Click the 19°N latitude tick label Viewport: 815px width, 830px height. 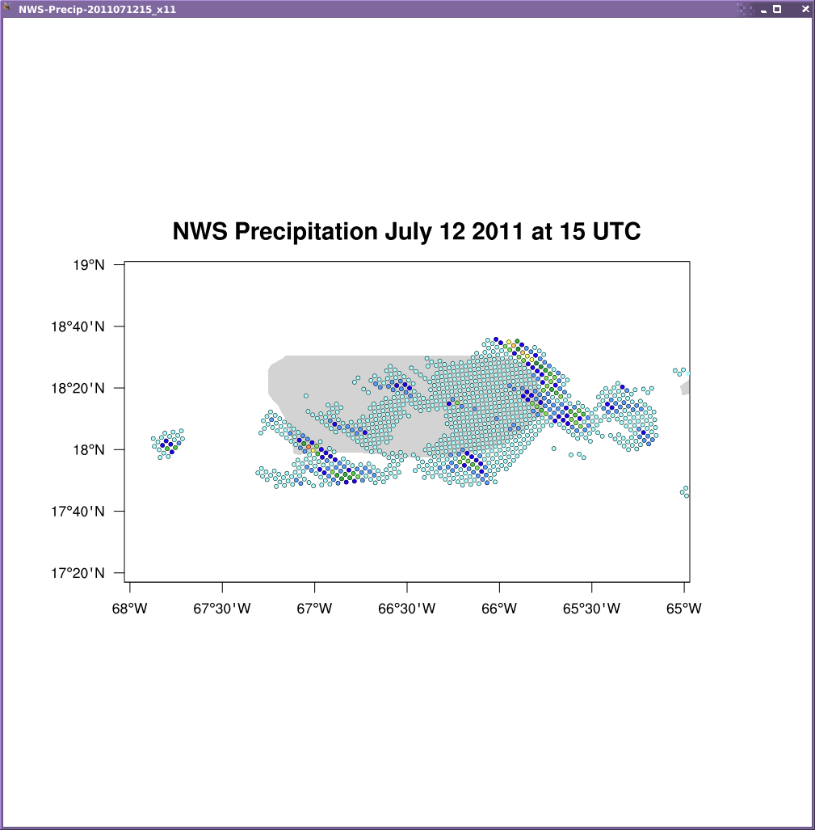(x=89, y=264)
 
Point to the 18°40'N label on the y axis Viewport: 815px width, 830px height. (x=78, y=327)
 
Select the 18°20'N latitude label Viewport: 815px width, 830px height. (x=78, y=388)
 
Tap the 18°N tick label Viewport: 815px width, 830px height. (x=89, y=450)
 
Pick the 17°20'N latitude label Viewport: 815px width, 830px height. (x=78, y=573)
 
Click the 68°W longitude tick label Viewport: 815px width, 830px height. (x=129, y=609)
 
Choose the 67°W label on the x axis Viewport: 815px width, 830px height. (x=314, y=609)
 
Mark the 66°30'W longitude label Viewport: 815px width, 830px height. (x=407, y=609)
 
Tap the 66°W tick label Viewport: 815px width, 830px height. (x=498, y=609)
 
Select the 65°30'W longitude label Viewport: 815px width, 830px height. (x=591, y=609)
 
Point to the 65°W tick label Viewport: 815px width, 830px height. (x=684, y=609)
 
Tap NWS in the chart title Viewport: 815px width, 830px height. (x=200, y=231)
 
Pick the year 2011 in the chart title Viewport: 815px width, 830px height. (x=497, y=231)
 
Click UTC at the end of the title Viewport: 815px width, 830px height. (x=616, y=231)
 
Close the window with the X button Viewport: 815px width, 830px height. (x=805, y=9)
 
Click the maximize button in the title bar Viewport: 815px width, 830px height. (x=777, y=9)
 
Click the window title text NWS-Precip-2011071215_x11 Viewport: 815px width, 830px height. (x=97, y=10)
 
